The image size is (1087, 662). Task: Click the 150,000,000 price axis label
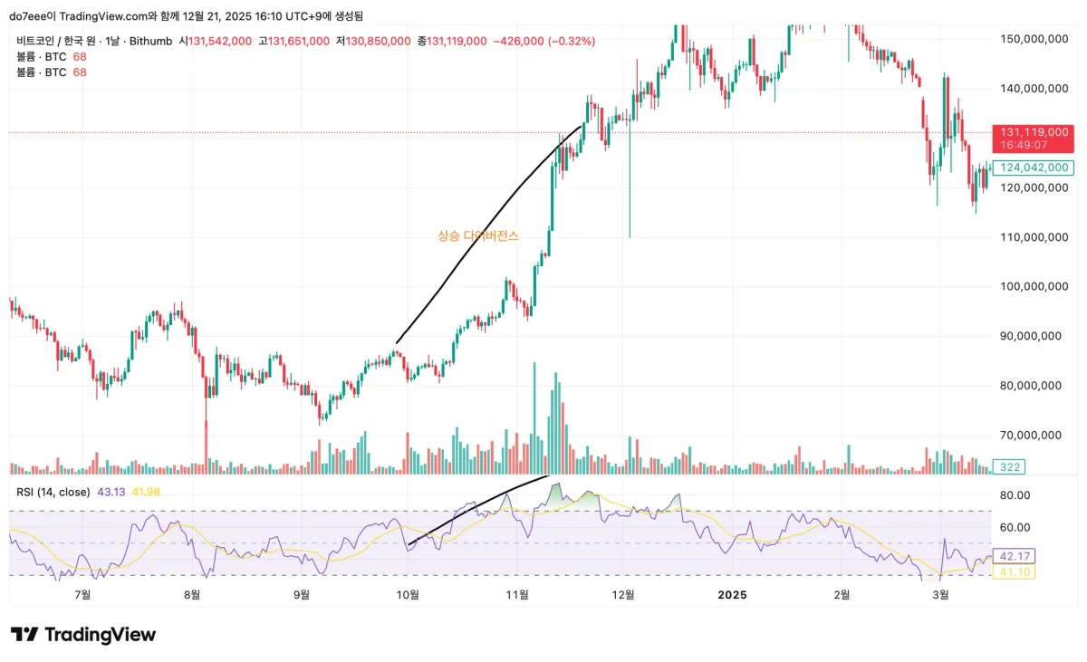pos(1030,39)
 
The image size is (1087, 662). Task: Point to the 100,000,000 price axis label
pos(1030,286)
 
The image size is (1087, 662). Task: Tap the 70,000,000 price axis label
pos(1030,435)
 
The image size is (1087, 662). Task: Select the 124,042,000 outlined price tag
pos(1034,168)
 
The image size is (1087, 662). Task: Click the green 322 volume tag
pos(1008,466)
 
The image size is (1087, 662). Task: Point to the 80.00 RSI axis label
pos(1014,495)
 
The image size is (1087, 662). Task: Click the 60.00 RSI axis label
pos(1014,527)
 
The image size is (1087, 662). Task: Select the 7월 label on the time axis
pos(82,594)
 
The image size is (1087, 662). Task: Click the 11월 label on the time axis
pos(516,594)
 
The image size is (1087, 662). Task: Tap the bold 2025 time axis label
pos(732,594)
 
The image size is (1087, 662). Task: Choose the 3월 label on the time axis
pos(941,594)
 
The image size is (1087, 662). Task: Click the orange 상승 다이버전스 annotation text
pos(478,235)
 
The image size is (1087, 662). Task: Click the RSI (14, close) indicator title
pos(53,492)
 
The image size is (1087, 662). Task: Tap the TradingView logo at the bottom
pos(83,635)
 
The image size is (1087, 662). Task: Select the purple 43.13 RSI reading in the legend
pos(111,492)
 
